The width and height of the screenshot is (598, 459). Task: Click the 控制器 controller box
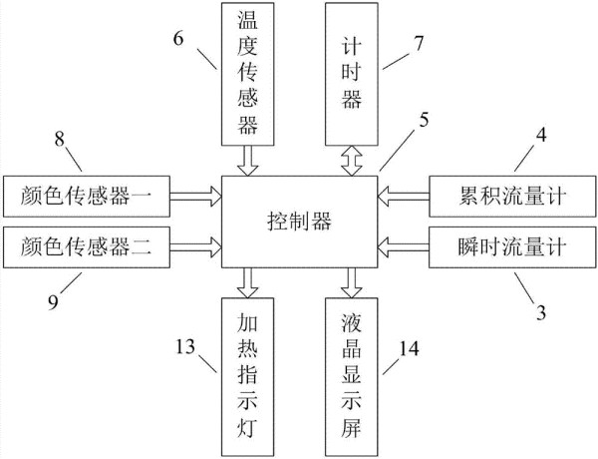[300, 222]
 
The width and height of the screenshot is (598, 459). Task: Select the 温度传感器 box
[248, 74]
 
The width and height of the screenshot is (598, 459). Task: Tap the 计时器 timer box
[352, 74]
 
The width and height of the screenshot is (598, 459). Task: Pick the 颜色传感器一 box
[87, 197]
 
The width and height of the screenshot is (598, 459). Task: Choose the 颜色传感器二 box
[87, 247]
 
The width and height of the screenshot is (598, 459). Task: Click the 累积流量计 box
[512, 197]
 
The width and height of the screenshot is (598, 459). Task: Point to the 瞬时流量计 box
[512, 247]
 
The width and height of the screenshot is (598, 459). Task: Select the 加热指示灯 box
[248, 377]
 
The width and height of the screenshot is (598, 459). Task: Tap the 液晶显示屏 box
[352, 377]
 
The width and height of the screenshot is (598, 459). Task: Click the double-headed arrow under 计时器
[352, 161]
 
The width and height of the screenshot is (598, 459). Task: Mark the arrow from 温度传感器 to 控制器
[248, 161]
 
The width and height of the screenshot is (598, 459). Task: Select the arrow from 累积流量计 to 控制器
[404, 197]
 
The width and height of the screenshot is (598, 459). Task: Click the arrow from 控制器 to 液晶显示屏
[352, 282]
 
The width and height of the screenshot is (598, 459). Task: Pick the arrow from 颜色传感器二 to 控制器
[196, 247]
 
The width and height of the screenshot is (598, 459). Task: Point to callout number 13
[185, 346]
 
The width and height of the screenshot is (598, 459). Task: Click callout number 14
[409, 348]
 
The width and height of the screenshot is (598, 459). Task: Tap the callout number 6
[178, 39]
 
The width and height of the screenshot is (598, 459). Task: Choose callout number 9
[54, 302]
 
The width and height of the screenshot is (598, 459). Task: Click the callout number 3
[541, 312]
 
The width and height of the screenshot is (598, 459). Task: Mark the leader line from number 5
[395, 152]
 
